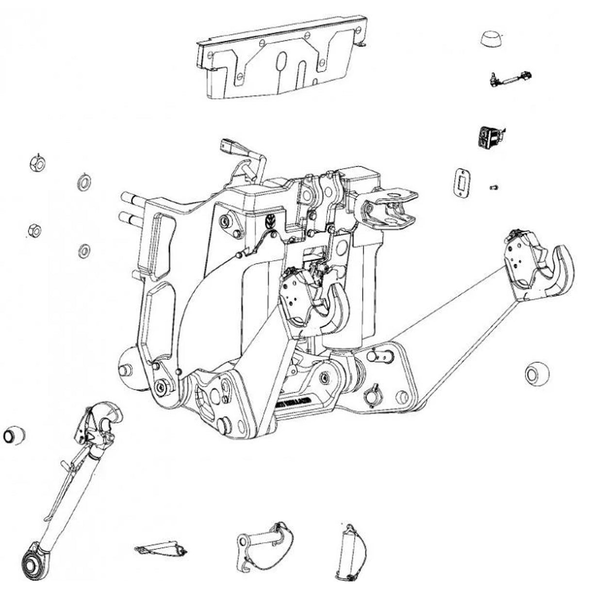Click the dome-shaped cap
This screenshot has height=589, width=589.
pyautogui.click(x=492, y=39)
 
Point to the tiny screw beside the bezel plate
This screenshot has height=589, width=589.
pyautogui.click(x=495, y=186)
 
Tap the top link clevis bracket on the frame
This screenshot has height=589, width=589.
pyautogui.click(x=388, y=208)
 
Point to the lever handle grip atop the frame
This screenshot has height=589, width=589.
pyautogui.click(x=229, y=145)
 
